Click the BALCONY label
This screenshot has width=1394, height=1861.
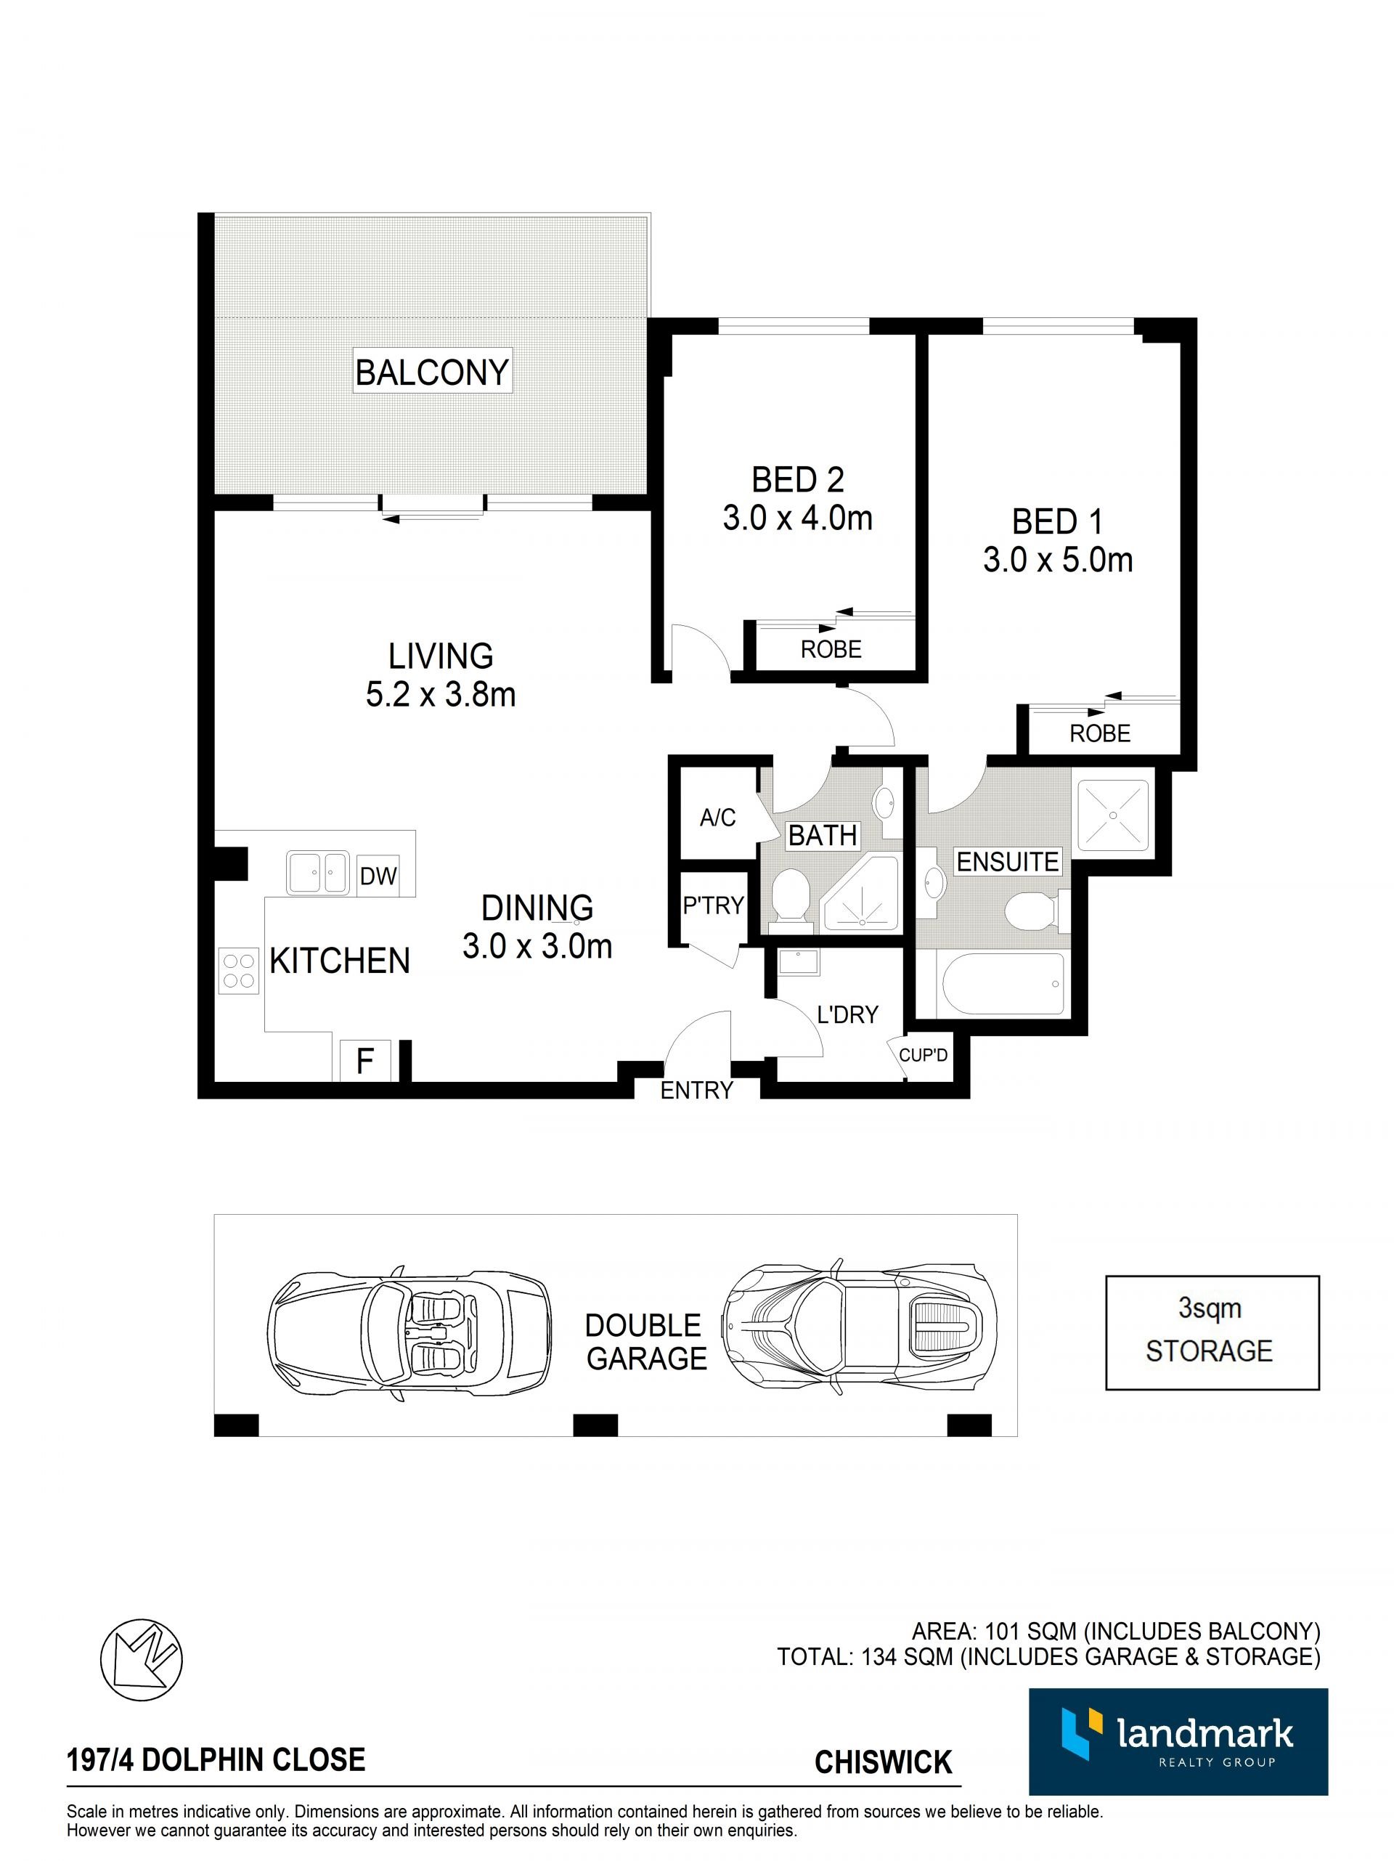click(x=431, y=371)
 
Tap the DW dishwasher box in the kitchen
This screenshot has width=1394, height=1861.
click(x=378, y=876)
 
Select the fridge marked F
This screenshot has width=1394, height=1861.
click(x=365, y=1060)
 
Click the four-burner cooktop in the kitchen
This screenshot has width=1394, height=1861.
click(x=238, y=971)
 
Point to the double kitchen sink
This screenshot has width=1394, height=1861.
click(x=318, y=873)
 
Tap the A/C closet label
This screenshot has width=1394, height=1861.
click(x=717, y=817)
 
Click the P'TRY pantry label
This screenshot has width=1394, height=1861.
click(x=712, y=905)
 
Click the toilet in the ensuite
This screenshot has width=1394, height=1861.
click(x=1035, y=911)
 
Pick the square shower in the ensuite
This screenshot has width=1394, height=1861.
click(x=1113, y=815)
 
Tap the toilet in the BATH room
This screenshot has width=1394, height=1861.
click(x=790, y=895)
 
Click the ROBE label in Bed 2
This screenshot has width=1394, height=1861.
click(x=831, y=650)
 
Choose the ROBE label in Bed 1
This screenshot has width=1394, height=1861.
click(x=1099, y=733)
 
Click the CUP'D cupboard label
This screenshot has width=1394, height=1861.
click(x=923, y=1055)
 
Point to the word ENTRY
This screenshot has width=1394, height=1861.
click(x=696, y=1091)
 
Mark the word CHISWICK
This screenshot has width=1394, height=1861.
click(x=884, y=1762)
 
